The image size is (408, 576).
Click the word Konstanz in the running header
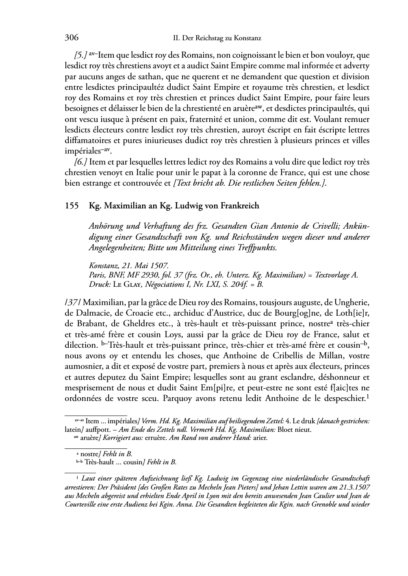click(247, 39)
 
